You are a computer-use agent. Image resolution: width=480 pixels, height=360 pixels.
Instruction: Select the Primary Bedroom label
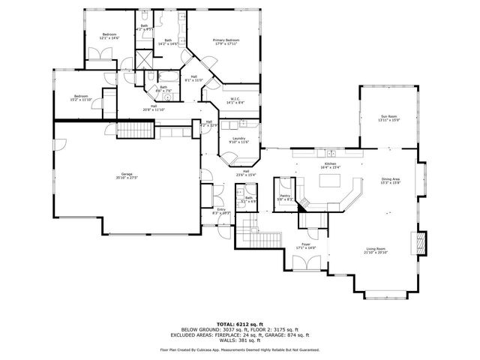226,41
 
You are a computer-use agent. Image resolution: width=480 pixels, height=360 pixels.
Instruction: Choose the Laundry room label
239,139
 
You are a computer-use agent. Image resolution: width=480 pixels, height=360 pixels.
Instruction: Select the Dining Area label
391,181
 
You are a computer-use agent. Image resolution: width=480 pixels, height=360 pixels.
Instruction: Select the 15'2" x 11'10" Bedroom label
79,97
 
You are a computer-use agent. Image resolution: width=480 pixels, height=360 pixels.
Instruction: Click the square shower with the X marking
144,59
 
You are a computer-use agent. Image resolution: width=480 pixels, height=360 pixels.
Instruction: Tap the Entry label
221,211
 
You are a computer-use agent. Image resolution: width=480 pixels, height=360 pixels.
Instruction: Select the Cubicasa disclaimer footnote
240,349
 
